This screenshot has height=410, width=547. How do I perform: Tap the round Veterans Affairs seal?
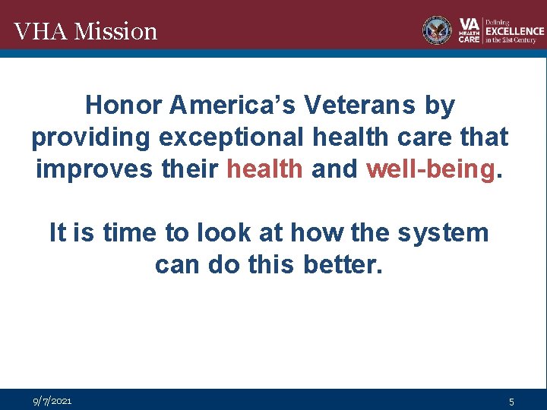click(437, 30)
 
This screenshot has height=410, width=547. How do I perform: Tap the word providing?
click(90, 137)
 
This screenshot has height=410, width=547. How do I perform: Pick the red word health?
click(265, 169)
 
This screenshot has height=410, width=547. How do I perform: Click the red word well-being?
click(430, 169)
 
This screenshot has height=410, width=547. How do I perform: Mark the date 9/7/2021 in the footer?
click(52, 400)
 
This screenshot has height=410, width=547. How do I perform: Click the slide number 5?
click(512, 401)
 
